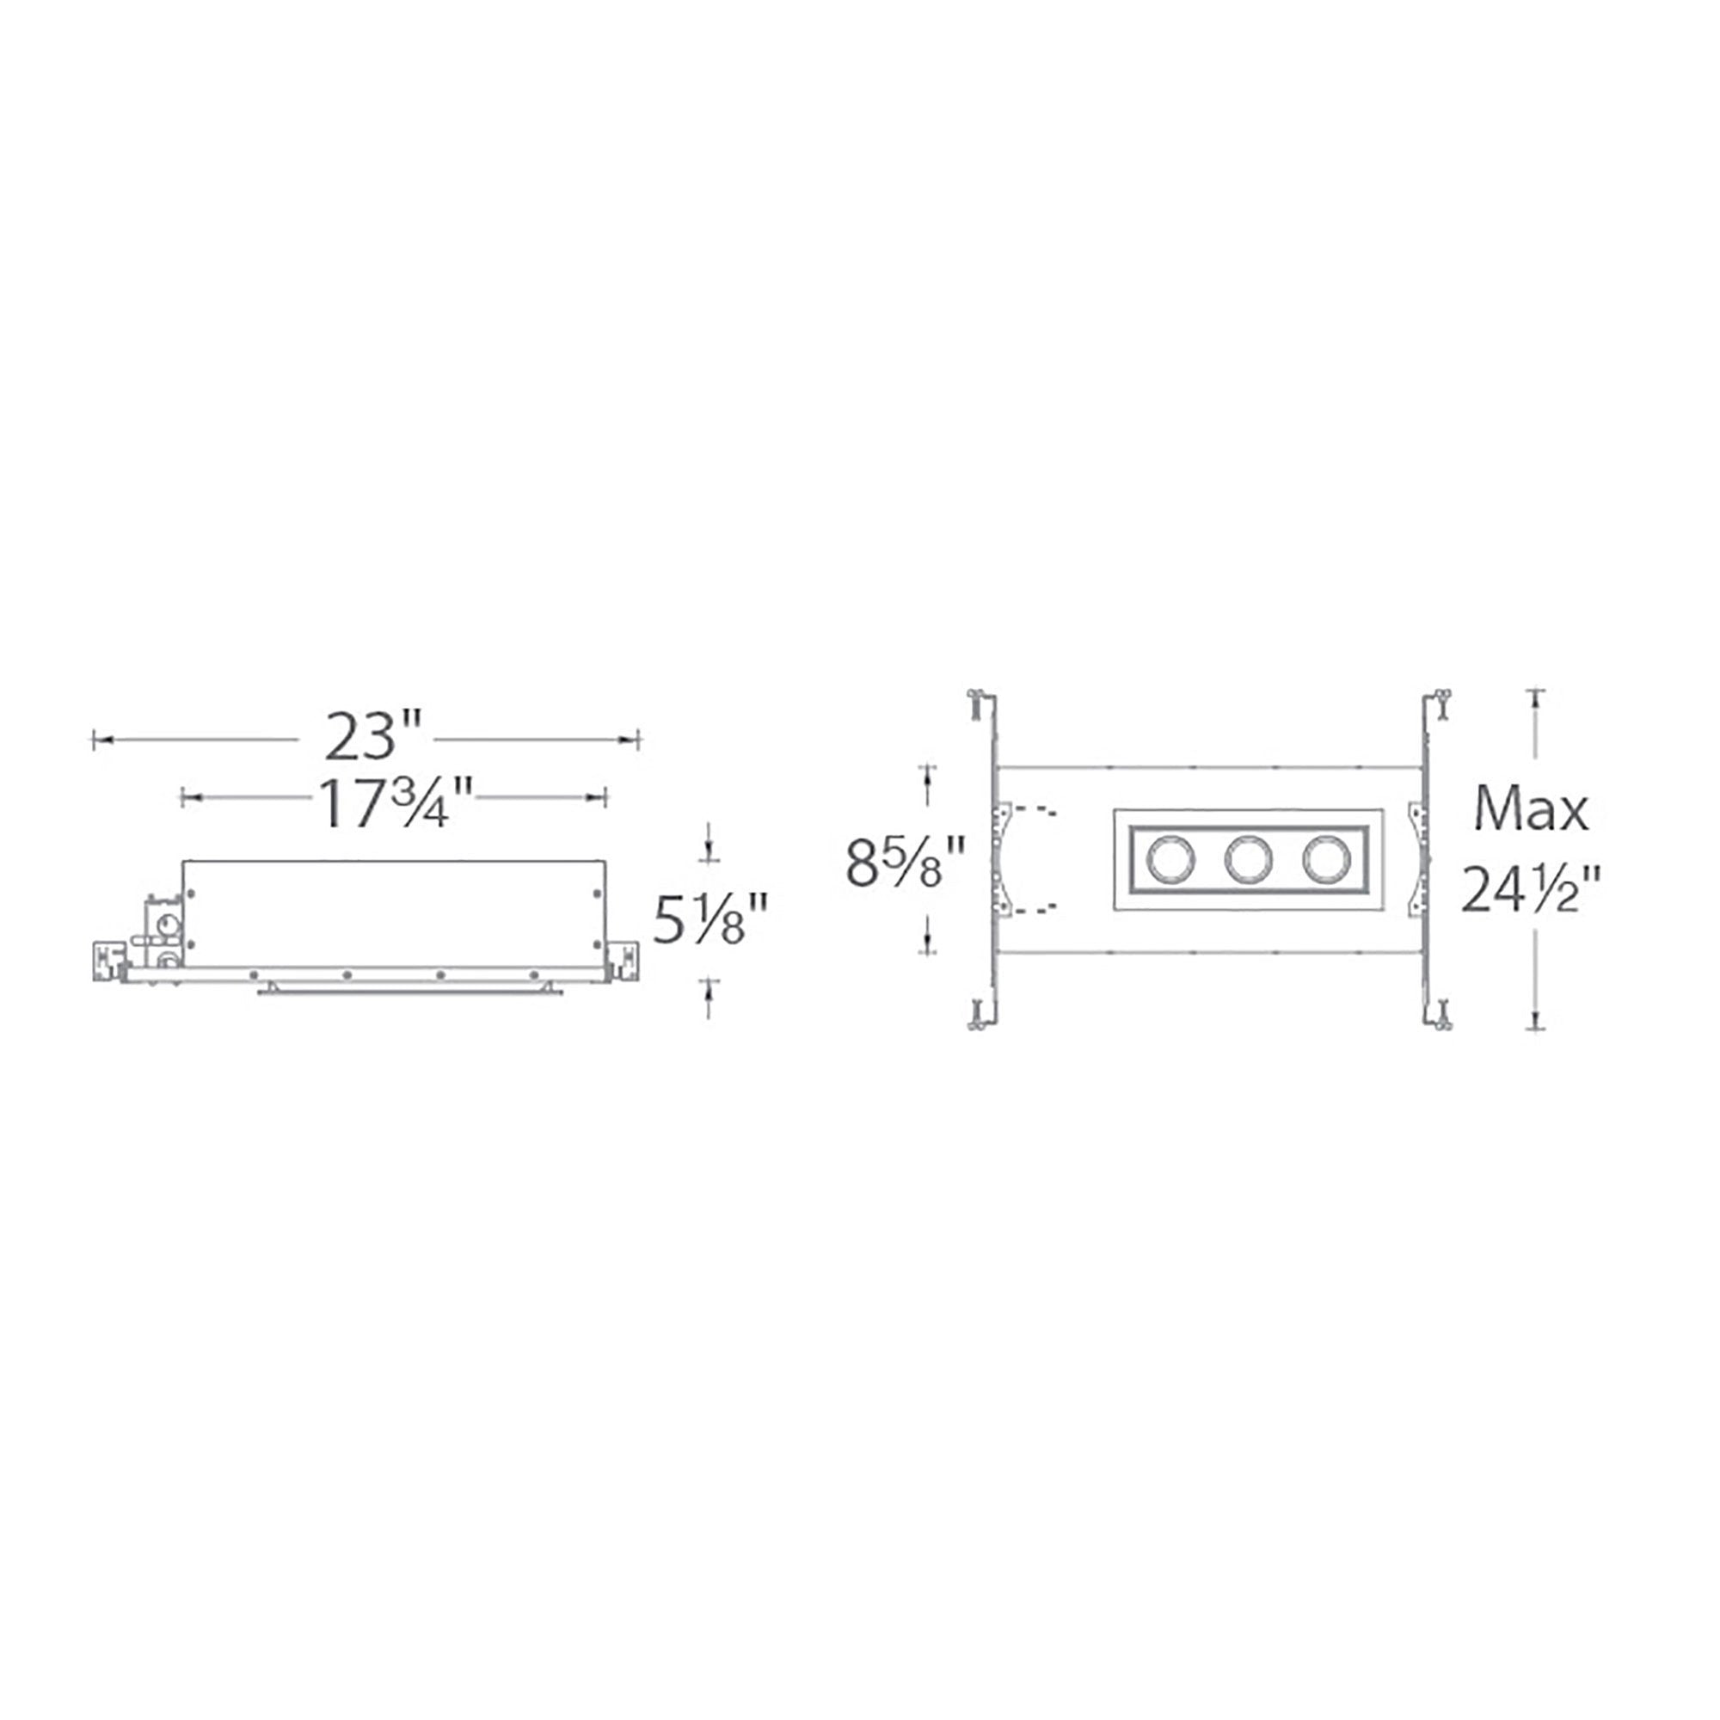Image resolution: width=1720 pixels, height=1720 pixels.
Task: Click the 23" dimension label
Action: (372, 736)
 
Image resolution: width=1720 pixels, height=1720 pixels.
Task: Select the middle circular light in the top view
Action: (1247, 859)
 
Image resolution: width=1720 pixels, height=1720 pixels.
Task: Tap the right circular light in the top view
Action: (1325, 859)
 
